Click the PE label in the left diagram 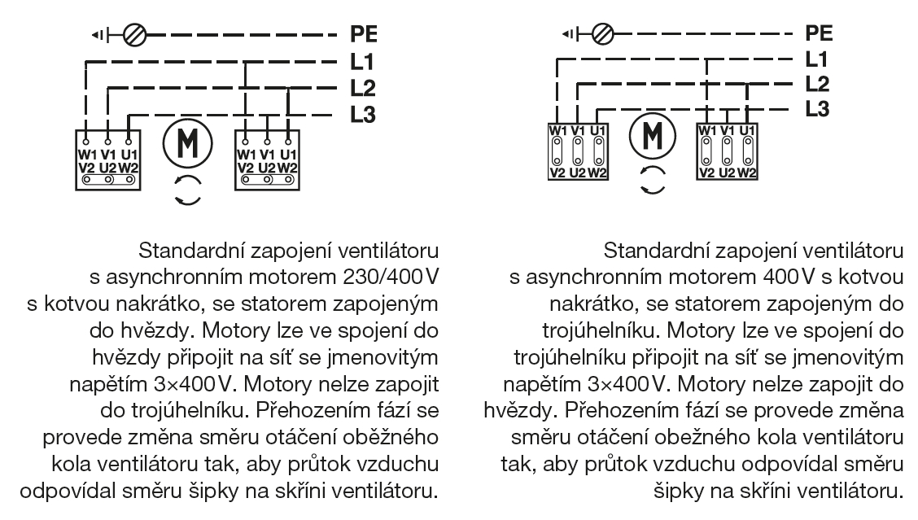[364, 36]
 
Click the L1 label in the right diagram [816, 59]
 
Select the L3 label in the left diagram [363, 115]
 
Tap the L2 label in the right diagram [818, 83]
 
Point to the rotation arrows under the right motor [651, 180]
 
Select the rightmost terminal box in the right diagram [727, 151]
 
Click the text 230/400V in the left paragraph [391, 277]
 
